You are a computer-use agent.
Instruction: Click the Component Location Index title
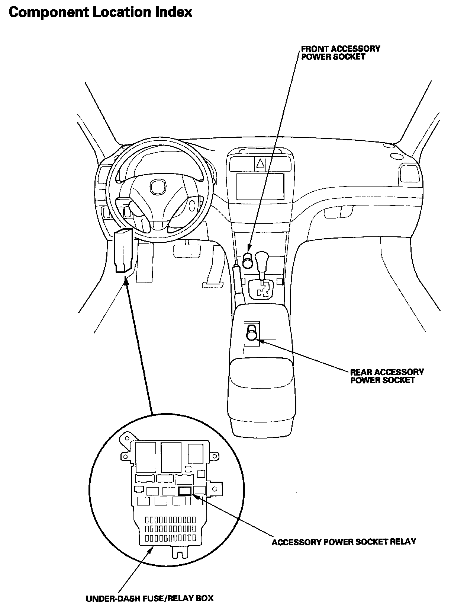[100, 12]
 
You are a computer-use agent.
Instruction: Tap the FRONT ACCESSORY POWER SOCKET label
[340, 52]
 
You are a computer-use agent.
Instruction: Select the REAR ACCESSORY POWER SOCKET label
[387, 376]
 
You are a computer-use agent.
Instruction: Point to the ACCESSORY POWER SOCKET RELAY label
[344, 542]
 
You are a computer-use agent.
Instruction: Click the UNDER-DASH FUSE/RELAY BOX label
[150, 599]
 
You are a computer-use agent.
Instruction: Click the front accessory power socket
[248, 261]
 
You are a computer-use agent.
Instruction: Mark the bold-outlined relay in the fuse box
[185, 491]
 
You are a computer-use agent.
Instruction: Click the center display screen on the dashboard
[260, 186]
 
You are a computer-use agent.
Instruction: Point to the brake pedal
[185, 250]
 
